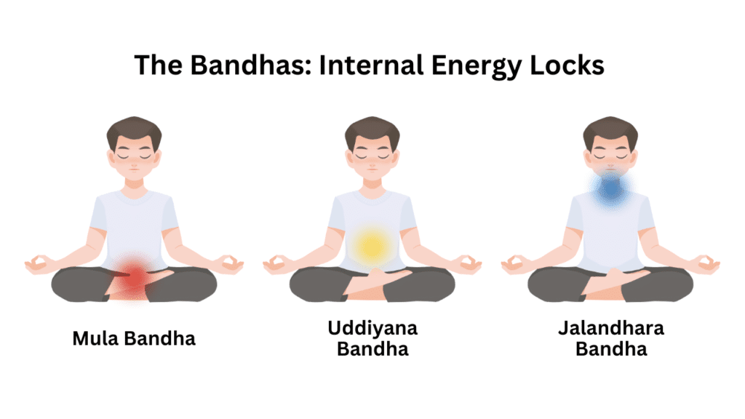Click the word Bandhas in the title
[236, 65]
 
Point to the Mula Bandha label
[134, 338]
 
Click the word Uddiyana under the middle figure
[372, 329]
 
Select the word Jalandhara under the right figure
[610, 329]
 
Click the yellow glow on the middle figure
[372, 246]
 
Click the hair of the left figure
[134, 130]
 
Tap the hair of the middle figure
[372, 130]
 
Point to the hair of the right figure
[610, 130]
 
